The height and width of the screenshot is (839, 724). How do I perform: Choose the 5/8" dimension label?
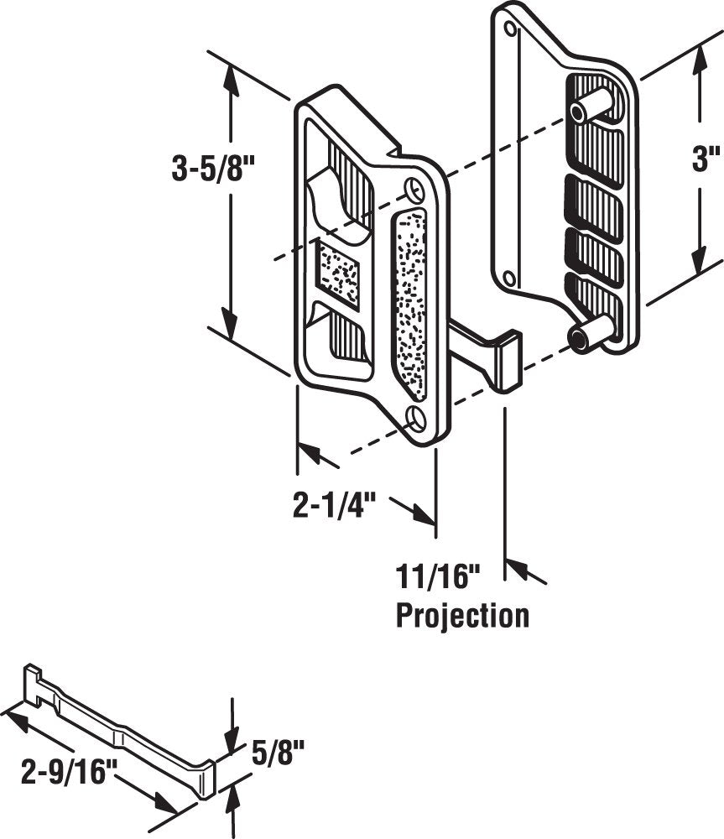tap(270, 749)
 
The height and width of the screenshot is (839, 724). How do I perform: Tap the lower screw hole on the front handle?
tap(415, 417)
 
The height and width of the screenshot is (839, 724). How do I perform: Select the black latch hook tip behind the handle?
tap(508, 361)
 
